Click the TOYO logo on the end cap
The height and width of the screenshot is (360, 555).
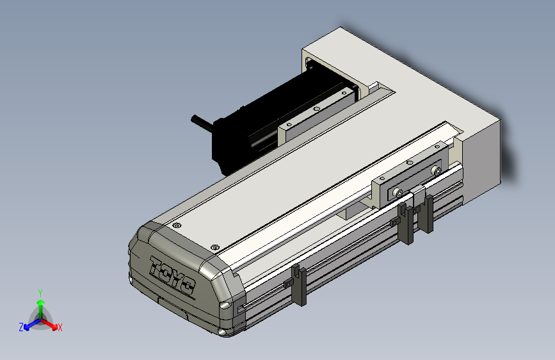pyautogui.click(x=172, y=275)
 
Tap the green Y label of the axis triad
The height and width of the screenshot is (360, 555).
pyautogui.click(x=40, y=293)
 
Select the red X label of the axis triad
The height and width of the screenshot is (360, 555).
pyautogui.click(x=60, y=328)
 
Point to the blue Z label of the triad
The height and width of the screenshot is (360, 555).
pyautogui.click(x=21, y=327)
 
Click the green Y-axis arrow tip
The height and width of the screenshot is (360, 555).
pyautogui.click(x=41, y=303)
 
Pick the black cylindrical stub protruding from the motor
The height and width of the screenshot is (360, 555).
pyautogui.click(x=202, y=122)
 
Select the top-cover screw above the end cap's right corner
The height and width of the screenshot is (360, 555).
pyautogui.click(x=214, y=247)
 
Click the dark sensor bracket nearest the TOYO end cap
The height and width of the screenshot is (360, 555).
pyautogui.click(x=300, y=284)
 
